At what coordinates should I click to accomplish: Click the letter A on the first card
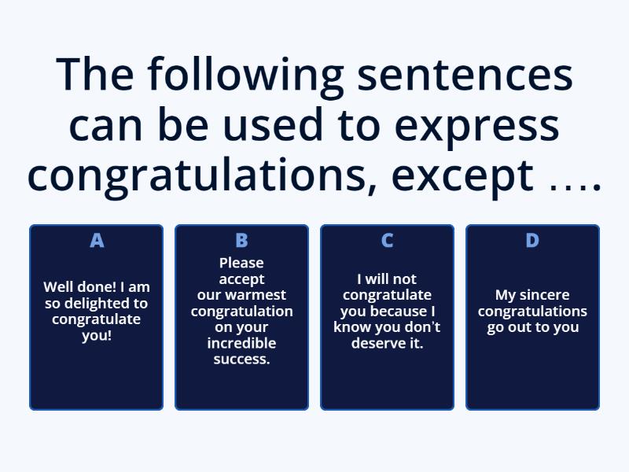(x=97, y=241)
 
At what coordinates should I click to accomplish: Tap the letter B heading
(x=241, y=241)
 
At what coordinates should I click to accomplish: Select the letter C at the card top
(x=387, y=241)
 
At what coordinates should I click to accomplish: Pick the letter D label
(x=532, y=241)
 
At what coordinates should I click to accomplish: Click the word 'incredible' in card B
(x=241, y=344)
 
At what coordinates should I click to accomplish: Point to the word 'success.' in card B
(x=241, y=360)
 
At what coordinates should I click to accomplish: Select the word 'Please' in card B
(x=241, y=263)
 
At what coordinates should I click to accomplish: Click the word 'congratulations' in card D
(x=532, y=312)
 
